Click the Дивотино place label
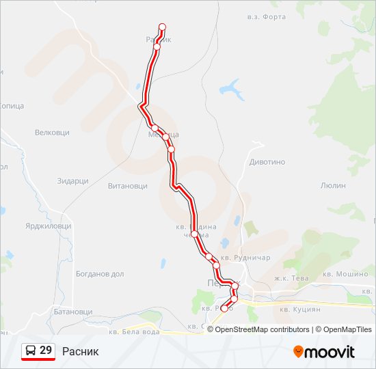[x=267, y=162]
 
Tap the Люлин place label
[x=333, y=185]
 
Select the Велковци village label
[x=52, y=132]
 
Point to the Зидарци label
[x=73, y=181]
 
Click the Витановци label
[x=128, y=185]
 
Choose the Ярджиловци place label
[x=49, y=225]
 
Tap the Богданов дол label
[x=100, y=274]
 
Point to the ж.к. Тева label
[x=291, y=278]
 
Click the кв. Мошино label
[x=345, y=274]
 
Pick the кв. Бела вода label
[x=159, y=331]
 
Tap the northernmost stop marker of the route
[x=162, y=27]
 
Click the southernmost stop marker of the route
[x=224, y=309]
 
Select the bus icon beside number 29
[x=30, y=351]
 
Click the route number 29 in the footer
[x=46, y=351]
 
